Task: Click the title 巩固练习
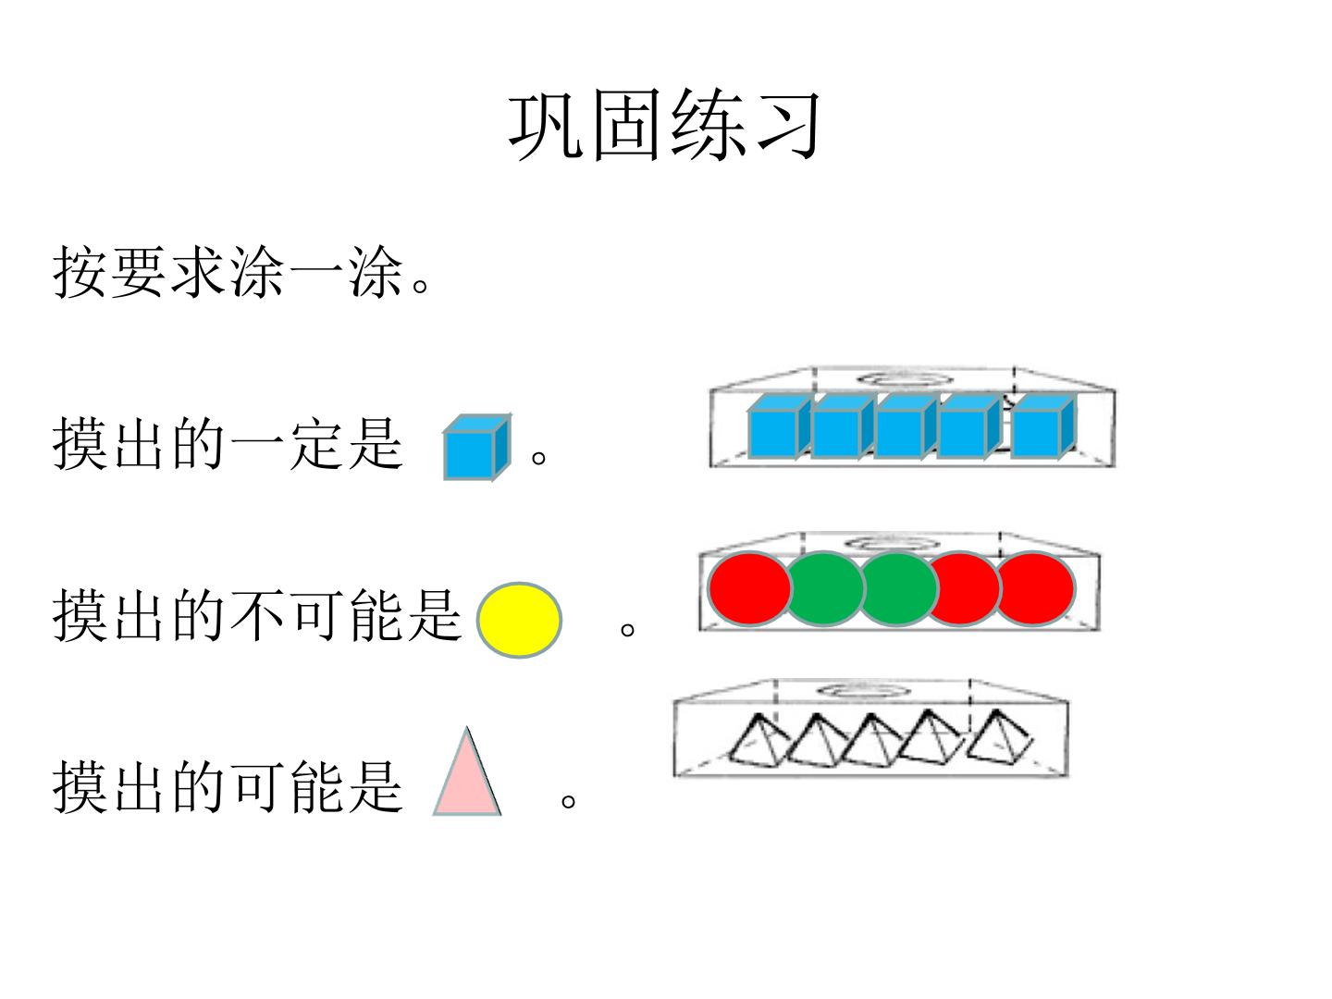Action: pyautogui.click(x=664, y=126)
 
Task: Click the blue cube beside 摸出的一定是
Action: pyautogui.click(x=477, y=448)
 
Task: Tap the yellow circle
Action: pyautogui.click(x=519, y=620)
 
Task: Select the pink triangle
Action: pyautogui.click(x=466, y=771)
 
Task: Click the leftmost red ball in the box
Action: pyautogui.click(x=749, y=588)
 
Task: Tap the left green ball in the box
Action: pyautogui.click(x=825, y=588)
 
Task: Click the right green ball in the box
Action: pyautogui.click(x=899, y=588)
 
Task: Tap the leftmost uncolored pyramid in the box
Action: pyautogui.click(x=758, y=741)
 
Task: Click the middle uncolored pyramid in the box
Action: pyautogui.click(x=872, y=741)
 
